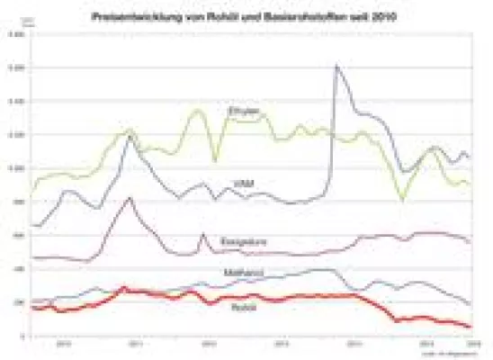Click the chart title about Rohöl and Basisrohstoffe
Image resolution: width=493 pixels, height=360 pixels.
click(246, 15)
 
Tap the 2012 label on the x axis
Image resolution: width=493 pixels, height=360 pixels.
click(209, 344)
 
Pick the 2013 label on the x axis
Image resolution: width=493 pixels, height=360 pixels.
click(281, 344)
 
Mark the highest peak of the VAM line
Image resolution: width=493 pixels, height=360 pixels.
click(336, 66)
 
